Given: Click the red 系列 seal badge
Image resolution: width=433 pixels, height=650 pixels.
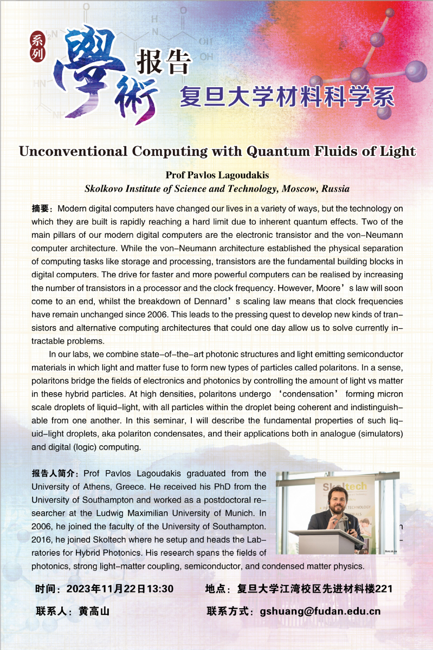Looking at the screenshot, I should click(x=38, y=45).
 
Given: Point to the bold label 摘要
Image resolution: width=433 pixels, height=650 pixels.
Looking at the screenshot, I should click(x=42, y=209).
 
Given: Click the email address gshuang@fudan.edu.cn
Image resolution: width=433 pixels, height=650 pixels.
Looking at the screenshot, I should click(x=320, y=612).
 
